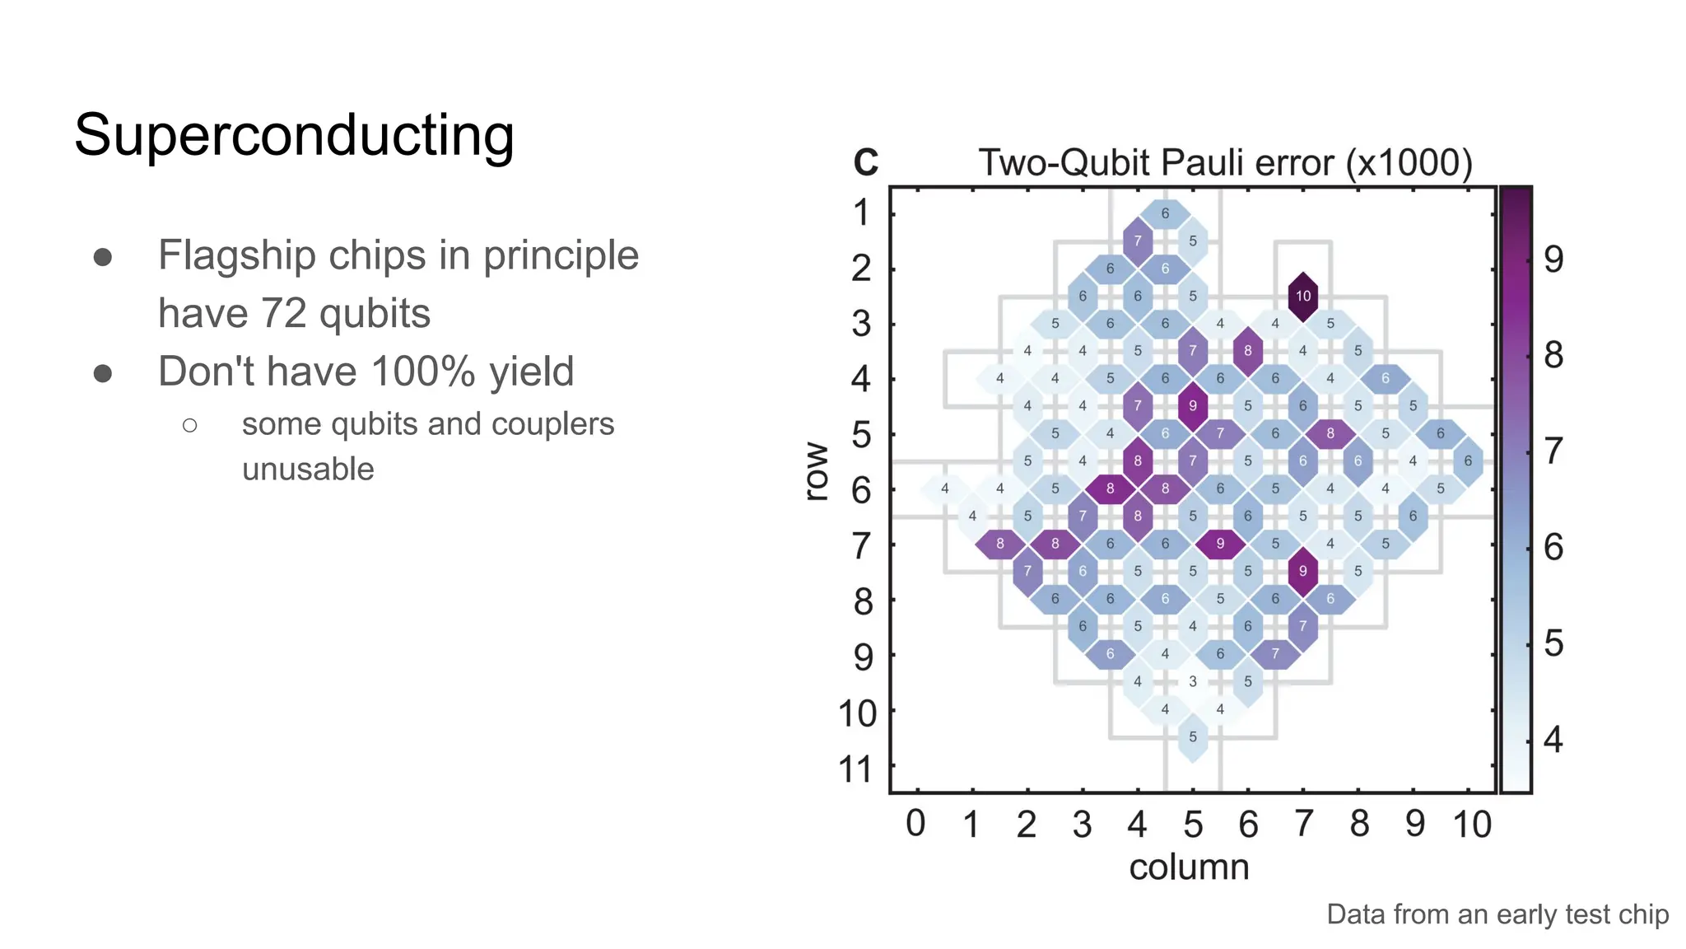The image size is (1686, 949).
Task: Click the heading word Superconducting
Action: [294, 135]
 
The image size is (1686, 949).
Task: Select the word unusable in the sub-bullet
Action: [308, 470]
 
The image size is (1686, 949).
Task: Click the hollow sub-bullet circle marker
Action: [190, 425]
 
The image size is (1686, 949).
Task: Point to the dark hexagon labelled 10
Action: [1302, 296]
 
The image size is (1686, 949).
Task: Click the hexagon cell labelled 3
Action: [1192, 681]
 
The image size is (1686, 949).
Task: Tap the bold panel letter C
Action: [865, 162]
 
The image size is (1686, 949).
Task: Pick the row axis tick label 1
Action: [861, 213]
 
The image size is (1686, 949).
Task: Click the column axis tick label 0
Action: [915, 824]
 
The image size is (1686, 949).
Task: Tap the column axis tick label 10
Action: [1471, 824]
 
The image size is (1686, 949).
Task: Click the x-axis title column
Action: [1189, 867]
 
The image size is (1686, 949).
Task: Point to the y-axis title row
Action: [816, 471]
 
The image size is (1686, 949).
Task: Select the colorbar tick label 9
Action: [1553, 259]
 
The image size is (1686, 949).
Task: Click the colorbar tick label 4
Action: [1553, 739]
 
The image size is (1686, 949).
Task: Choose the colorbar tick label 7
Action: [1553, 451]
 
